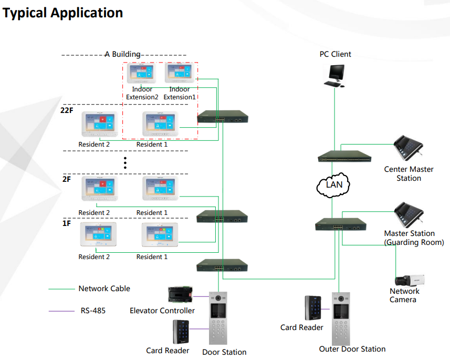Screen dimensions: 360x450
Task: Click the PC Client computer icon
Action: [334, 75]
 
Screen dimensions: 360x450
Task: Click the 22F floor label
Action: [67, 110]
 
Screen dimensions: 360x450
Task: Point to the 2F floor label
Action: [66, 179]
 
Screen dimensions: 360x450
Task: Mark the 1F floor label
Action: [66, 223]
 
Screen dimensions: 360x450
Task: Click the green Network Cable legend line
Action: [61, 289]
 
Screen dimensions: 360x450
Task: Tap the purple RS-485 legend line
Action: [61, 311]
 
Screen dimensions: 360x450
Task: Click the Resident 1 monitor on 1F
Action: [160, 236]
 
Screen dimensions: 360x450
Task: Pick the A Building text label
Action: [122, 54]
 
